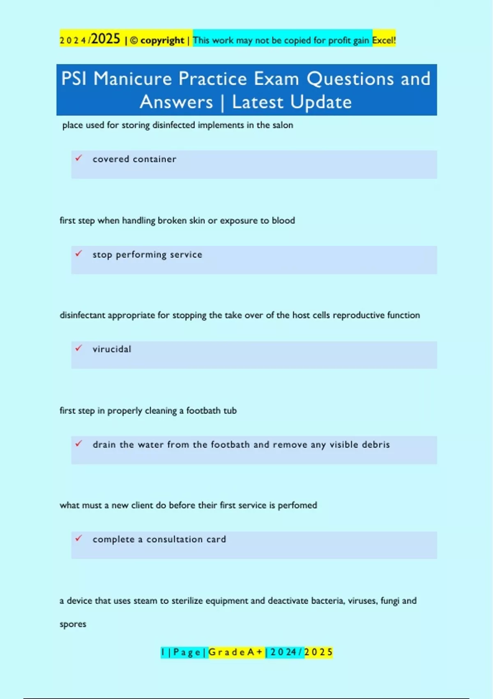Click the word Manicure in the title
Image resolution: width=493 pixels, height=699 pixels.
coord(132,79)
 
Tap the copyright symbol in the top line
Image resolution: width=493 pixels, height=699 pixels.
coord(134,41)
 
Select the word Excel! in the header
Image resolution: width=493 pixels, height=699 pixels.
coord(384,40)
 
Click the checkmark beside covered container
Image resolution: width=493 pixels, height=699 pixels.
coord(78,158)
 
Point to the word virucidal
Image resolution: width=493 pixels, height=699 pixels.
coord(112,349)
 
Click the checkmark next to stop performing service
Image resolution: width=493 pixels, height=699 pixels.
coord(78,253)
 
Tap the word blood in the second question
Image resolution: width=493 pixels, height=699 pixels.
coord(283,220)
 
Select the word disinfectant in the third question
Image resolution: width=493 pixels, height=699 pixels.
coord(82,315)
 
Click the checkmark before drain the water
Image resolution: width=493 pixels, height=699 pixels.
coord(78,443)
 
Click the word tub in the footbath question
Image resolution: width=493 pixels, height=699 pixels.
coord(230,411)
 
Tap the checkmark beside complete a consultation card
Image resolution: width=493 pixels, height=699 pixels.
coord(78,538)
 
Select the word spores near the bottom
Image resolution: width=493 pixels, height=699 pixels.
coord(73,624)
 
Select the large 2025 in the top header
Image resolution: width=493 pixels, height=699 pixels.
coord(106,39)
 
